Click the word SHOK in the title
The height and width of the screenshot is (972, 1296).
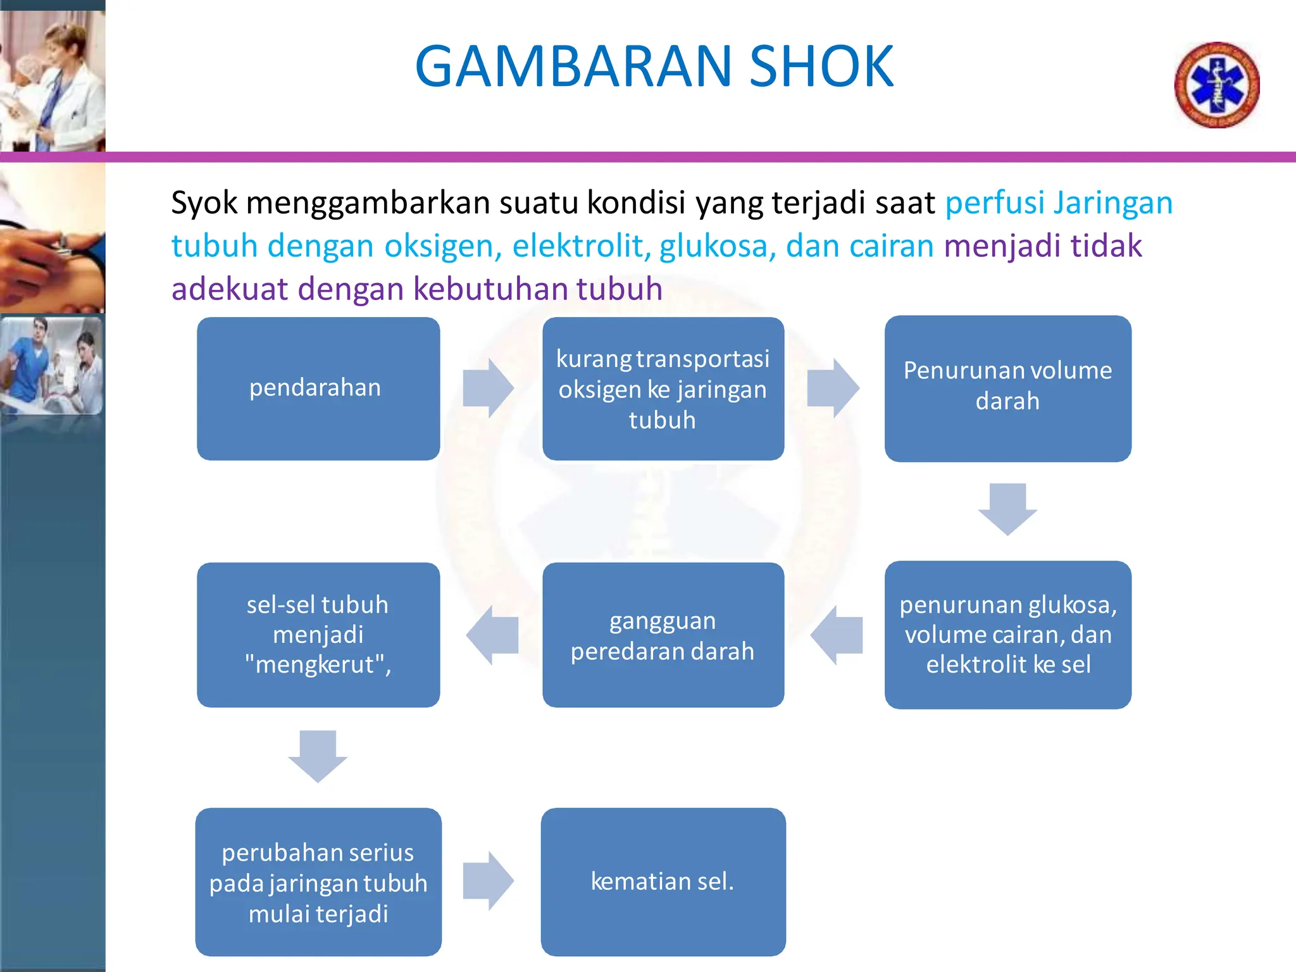[821, 66]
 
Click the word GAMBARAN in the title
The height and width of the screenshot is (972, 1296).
[573, 66]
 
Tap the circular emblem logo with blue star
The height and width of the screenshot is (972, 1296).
[1216, 85]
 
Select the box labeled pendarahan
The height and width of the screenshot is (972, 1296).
[318, 389]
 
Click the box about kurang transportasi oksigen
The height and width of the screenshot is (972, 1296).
[663, 389]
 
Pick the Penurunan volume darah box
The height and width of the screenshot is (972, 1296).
[1007, 389]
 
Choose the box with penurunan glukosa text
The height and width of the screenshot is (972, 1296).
[1007, 635]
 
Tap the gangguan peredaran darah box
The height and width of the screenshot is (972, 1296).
[663, 635]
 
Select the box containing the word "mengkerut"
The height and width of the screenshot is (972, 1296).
[318, 635]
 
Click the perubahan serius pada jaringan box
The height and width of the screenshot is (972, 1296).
[318, 882]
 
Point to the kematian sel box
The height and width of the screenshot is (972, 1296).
[663, 882]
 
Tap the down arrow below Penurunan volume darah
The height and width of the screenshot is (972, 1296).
[1007, 509]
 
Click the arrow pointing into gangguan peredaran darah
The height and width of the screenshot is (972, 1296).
[837, 635]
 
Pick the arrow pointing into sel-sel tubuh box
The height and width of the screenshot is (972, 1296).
[492, 635]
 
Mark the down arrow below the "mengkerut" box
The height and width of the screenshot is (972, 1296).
[318, 756]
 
